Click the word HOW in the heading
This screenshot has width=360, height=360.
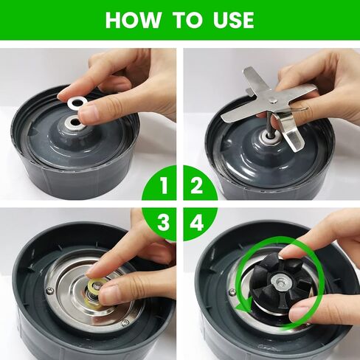[x=134, y=20]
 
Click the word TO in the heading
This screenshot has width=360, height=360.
[x=189, y=20]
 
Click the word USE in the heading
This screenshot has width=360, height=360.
[x=234, y=20]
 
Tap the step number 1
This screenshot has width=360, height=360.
[x=163, y=186]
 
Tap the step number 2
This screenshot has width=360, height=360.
[x=196, y=186]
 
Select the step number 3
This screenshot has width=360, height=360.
[x=163, y=223]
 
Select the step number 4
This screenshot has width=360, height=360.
[x=197, y=223]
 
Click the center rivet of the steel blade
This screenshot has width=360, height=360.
[x=272, y=100]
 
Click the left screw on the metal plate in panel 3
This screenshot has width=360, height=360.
[x=49, y=290]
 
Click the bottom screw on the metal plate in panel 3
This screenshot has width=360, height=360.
[x=125, y=322]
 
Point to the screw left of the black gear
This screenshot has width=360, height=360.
[x=232, y=292]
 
